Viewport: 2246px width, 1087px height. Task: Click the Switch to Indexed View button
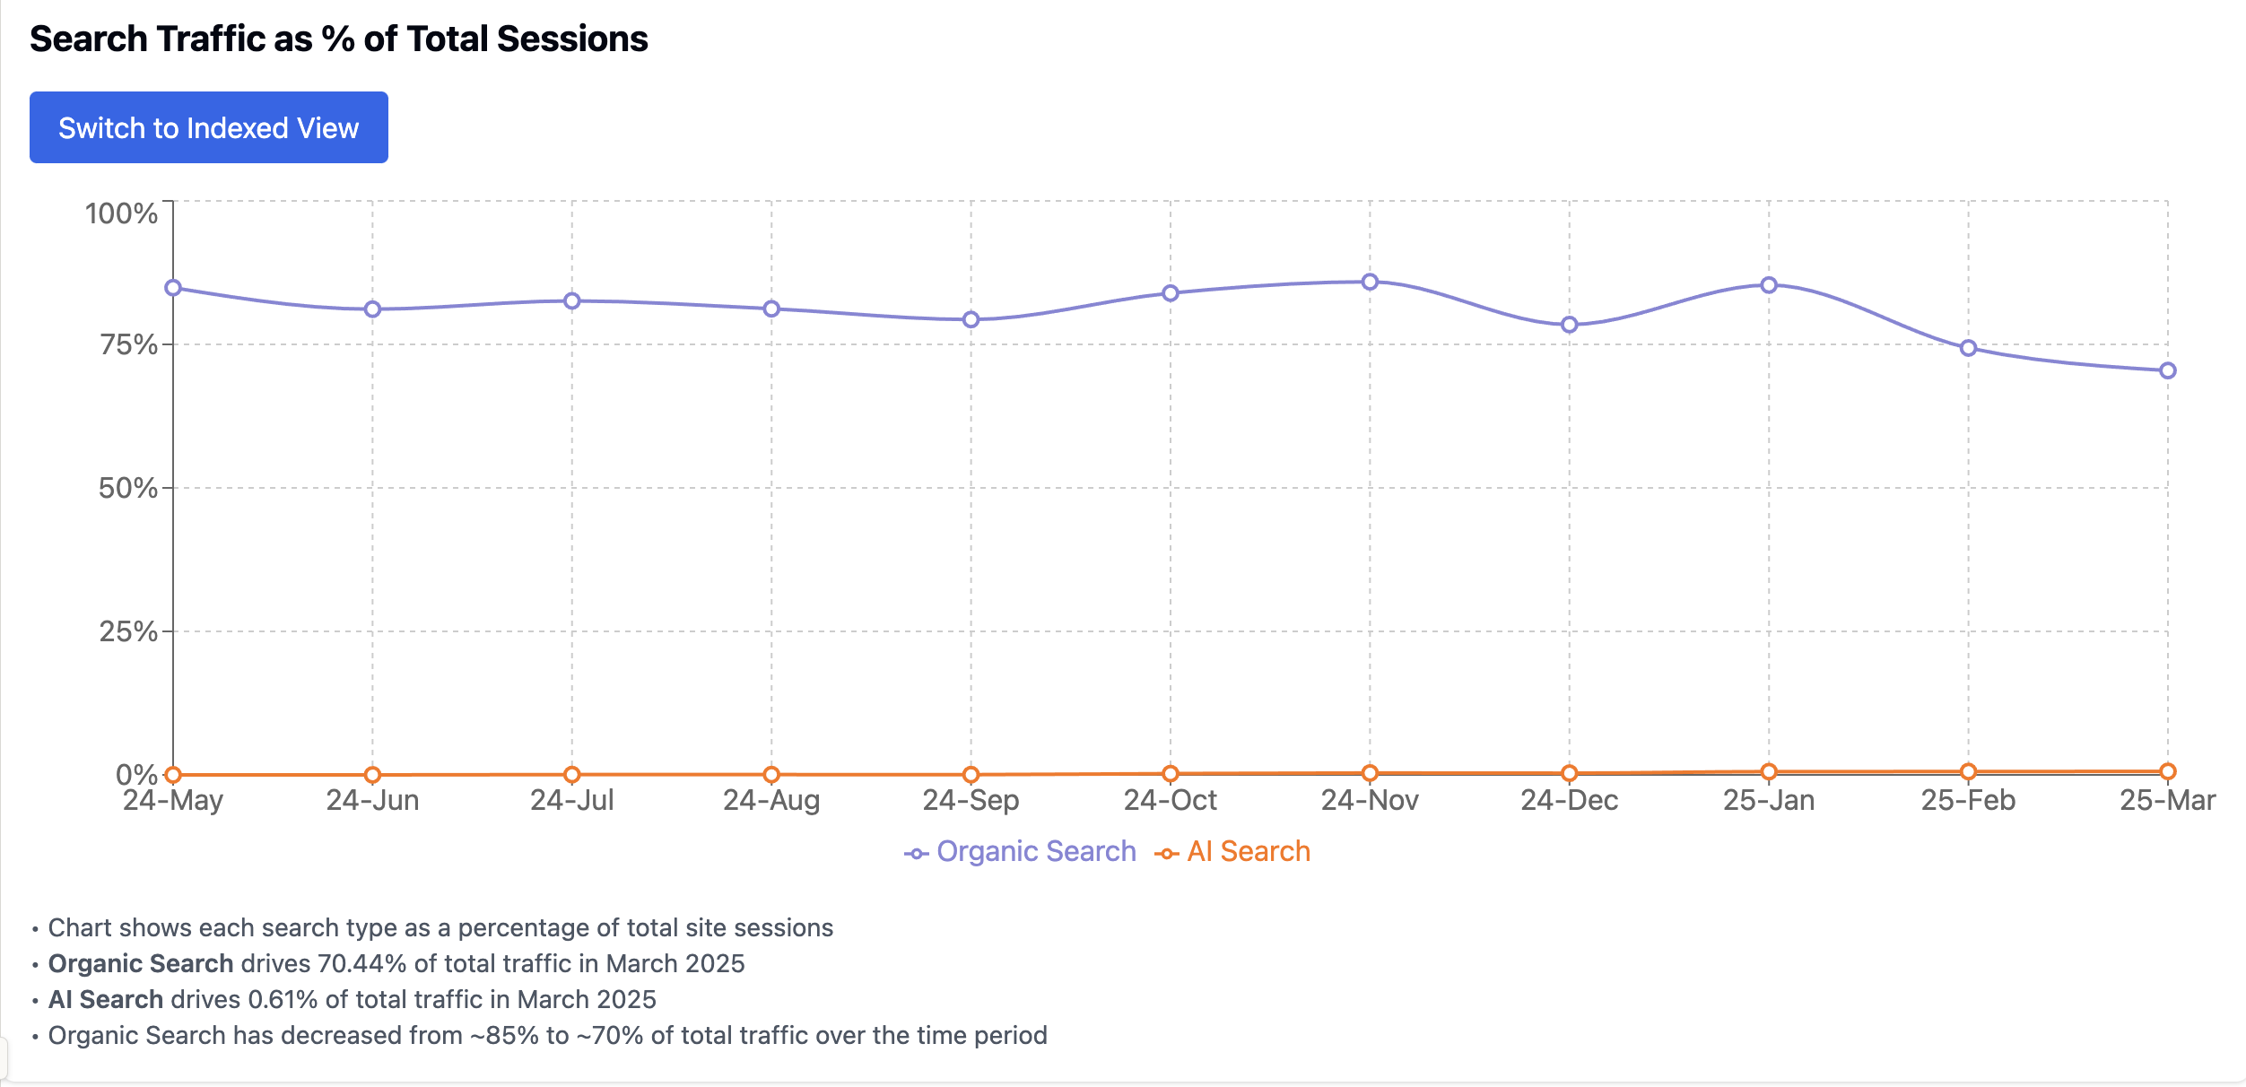click(208, 127)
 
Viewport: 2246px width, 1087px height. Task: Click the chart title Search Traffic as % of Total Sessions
click(338, 39)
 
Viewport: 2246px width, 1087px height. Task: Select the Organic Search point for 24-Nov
click(1370, 282)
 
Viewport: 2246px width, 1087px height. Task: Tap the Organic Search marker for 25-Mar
click(2167, 370)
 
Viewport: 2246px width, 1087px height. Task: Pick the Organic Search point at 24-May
click(173, 288)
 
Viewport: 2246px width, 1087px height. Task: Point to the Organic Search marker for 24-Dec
click(1569, 325)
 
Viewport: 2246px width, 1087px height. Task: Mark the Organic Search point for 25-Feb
click(1968, 348)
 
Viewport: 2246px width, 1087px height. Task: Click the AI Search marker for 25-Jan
click(1769, 771)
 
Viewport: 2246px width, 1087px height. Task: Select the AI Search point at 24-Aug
click(771, 774)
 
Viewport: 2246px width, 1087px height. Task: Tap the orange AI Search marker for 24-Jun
click(372, 774)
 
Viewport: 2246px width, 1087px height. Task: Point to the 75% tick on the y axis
click(127, 344)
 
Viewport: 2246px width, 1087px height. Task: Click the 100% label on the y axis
click(121, 213)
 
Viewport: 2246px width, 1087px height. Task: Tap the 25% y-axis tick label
click(127, 631)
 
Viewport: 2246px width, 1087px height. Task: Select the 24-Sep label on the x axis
click(971, 800)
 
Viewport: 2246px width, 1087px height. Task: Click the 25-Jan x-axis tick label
click(1769, 800)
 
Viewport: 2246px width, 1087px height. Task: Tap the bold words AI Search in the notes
click(106, 999)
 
